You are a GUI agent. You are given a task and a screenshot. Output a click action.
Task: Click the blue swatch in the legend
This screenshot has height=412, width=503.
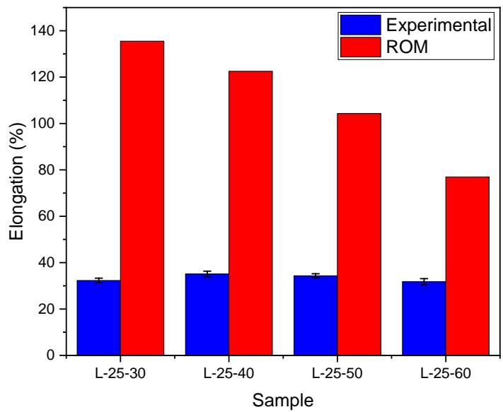[x=360, y=25]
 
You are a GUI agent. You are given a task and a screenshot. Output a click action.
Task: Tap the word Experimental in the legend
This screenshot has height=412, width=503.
[x=437, y=25]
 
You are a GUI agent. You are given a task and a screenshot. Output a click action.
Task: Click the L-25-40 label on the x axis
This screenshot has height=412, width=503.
[x=229, y=372]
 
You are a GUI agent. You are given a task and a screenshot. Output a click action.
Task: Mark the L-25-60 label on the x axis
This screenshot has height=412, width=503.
[x=446, y=372]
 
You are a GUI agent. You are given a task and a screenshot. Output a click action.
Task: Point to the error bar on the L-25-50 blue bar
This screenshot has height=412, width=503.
[x=316, y=276]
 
